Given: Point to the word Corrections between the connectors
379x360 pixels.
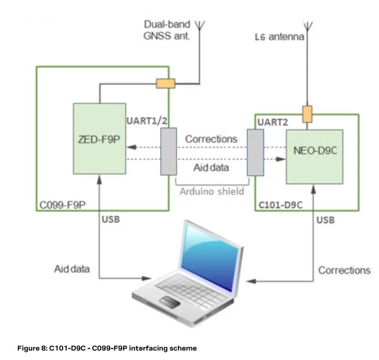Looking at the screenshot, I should [x=211, y=139].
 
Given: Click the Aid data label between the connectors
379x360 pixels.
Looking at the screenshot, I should [x=211, y=167].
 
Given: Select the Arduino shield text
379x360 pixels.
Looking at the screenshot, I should [x=212, y=191].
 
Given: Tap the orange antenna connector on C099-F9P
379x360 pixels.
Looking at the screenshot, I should [x=165, y=83].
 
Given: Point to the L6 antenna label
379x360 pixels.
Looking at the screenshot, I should [x=279, y=37].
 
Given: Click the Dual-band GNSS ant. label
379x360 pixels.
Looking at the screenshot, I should [x=167, y=31].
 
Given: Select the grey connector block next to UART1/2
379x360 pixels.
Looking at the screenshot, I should [x=168, y=151].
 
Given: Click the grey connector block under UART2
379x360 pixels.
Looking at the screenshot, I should [x=255, y=152].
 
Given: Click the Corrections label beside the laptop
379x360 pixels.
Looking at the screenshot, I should [x=344, y=270].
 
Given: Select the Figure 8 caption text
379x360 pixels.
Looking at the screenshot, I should [x=107, y=348].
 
